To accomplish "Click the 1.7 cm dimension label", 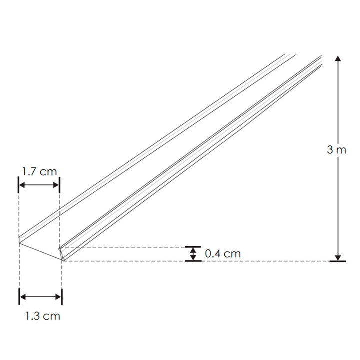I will (x=39, y=171).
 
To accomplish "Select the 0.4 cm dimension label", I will (x=223, y=254).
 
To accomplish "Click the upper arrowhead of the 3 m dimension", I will (x=338, y=59).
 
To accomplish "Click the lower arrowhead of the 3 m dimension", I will (x=338, y=257).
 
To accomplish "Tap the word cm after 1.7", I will (x=48, y=171).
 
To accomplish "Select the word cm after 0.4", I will (x=232, y=254).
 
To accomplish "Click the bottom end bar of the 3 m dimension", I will (x=338, y=261).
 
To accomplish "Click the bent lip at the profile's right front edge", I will (x=62, y=253).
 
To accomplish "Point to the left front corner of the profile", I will (x=20, y=243).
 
